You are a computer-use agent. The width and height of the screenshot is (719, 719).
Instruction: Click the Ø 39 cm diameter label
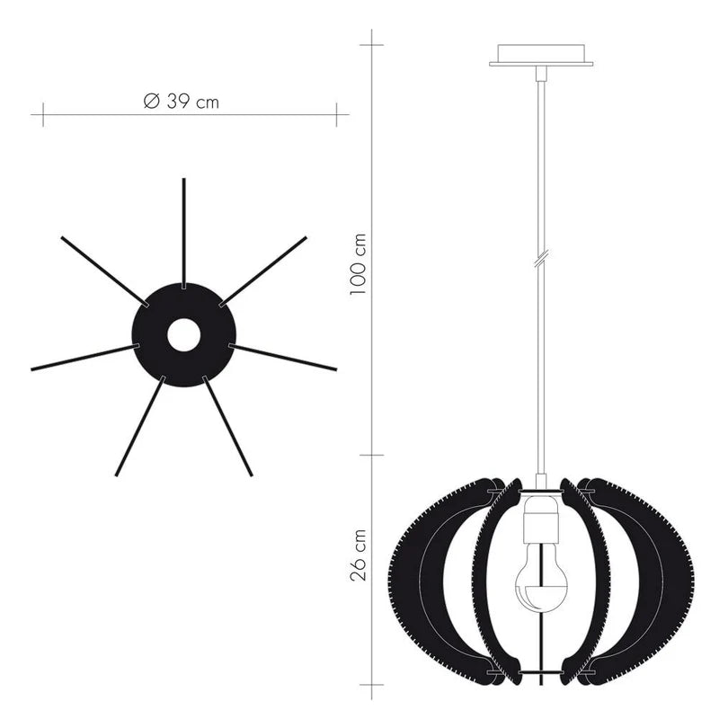coord(182,102)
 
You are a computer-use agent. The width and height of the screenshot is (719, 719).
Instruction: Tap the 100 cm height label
coord(358,264)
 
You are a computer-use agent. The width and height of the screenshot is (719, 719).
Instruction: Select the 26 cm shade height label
coord(358,555)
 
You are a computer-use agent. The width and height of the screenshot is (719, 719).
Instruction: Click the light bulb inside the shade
coord(541,577)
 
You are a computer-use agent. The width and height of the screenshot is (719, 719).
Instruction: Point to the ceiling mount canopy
coord(541,55)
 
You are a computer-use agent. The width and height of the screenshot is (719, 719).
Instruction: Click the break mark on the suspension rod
coord(542,259)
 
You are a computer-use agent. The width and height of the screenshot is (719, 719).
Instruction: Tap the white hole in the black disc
coord(184,334)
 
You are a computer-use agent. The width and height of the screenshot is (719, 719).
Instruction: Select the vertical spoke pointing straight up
coord(184,234)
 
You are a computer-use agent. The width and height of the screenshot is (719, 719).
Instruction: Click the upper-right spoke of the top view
coord(262,271)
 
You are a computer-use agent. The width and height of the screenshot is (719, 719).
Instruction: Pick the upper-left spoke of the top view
coord(105,271)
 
